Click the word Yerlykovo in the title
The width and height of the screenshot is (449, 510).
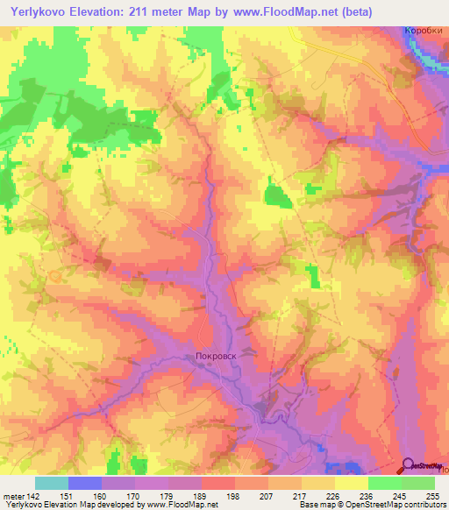[x=40, y=12]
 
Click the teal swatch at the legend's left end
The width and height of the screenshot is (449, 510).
[x=52, y=483]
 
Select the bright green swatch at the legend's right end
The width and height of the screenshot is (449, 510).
[x=418, y=483]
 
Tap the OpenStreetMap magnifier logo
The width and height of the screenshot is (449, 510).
[x=409, y=466]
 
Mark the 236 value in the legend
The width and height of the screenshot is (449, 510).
[x=368, y=496]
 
